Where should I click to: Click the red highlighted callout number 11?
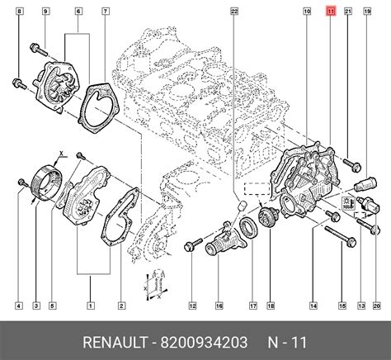(x=331, y=12)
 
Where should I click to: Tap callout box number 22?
(x=234, y=12)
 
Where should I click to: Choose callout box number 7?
(x=106, y=12)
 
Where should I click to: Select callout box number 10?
(x=307, y=12)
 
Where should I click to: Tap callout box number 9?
(x=45, y=12)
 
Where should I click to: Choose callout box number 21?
(x=348, y=12)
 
